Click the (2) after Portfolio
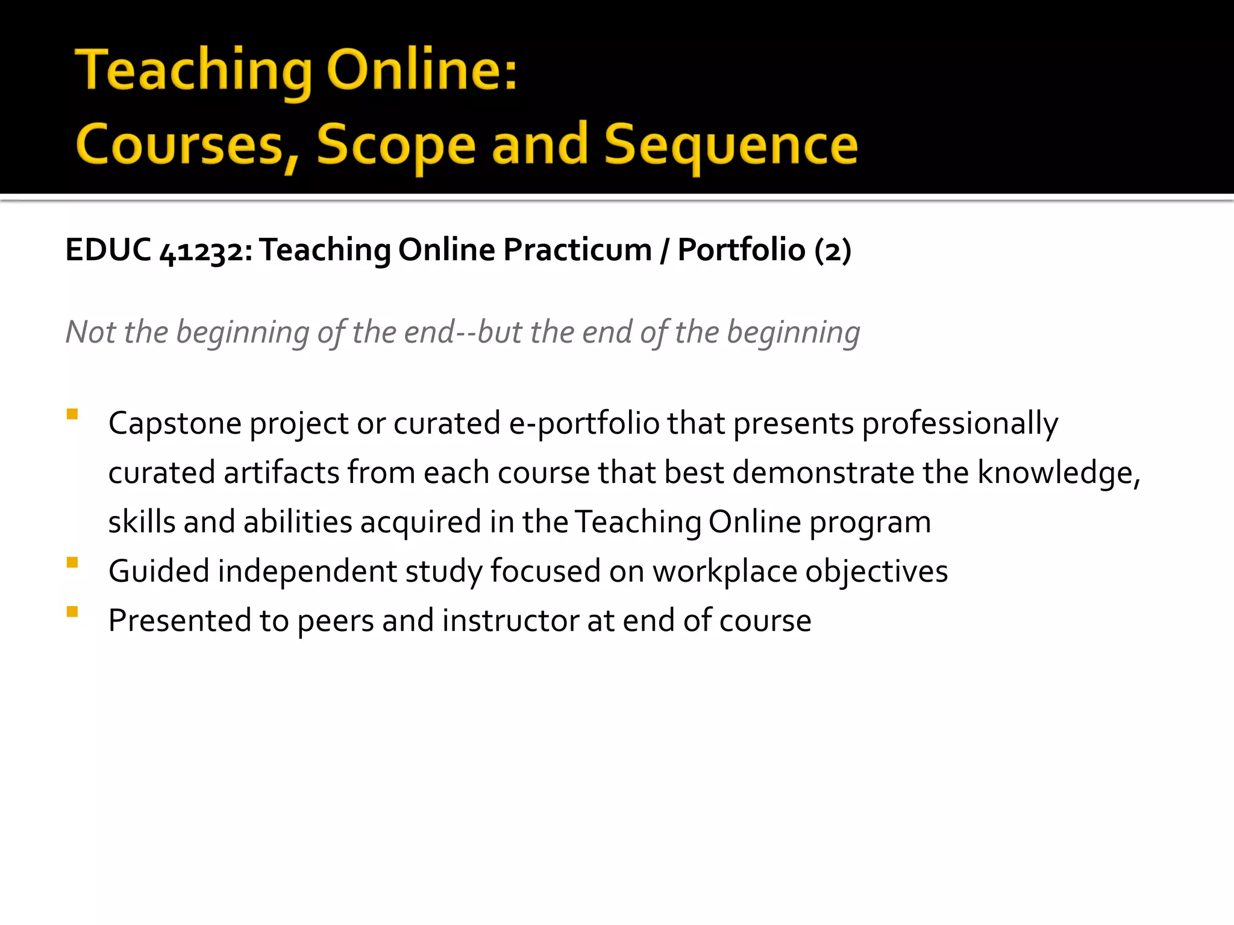(x=832, y=251)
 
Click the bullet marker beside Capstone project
(x=72, y=414)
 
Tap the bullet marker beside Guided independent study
(x=72, y=562)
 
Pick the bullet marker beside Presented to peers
(x=72, y=612)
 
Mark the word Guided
(x=159, y=572)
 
